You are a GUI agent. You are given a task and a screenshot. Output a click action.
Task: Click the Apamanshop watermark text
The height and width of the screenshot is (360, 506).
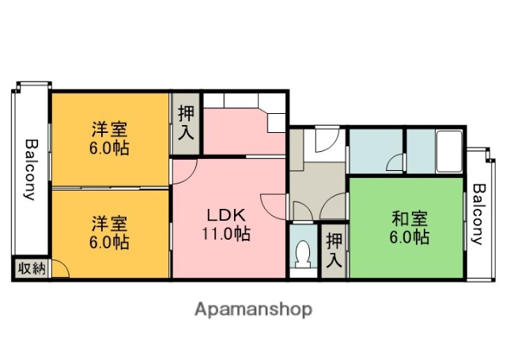253,309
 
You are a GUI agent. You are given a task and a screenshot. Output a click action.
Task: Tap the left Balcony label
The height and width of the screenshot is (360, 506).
31,170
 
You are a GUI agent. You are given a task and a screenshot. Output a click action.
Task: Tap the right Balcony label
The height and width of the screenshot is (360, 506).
478,214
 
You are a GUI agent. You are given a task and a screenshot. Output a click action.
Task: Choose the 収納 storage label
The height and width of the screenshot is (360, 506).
31,269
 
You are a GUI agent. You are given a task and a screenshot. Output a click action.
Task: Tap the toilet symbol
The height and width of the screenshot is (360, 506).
302,255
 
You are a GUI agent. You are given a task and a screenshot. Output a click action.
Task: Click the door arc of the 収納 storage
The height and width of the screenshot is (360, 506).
61,270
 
